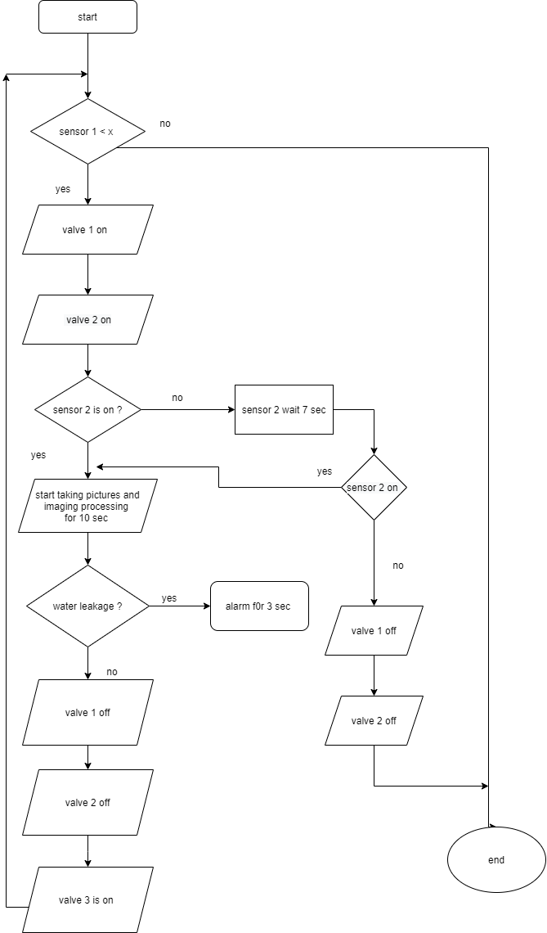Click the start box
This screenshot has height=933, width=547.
pos(87,17)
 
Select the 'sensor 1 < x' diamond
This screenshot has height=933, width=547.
pos(87,132)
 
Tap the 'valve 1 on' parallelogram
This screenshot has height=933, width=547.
pos(87,230)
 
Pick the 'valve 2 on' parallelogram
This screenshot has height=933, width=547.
pos(87,320)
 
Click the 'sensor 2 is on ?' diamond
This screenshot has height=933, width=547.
pos(87,409)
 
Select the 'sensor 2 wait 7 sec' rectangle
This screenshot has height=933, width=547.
pos(284,409)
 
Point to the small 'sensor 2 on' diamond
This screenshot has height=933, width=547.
pos(374,488)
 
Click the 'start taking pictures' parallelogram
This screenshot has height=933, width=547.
pos(87,507)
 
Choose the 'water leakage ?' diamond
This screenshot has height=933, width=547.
pos(87,606)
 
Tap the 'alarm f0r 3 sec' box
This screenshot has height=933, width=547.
pos(259,606)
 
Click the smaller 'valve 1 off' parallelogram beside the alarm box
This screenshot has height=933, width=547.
pos(374,631)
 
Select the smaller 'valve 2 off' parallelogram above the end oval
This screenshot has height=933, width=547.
pos(374,721)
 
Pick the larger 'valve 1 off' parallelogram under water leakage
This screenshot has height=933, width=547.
pos(87,713)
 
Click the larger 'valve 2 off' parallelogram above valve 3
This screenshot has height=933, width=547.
pos(87,803)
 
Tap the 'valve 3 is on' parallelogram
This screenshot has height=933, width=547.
pos(87,900)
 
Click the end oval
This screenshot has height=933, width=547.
pos(496,860)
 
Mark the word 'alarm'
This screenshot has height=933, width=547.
pos(238,606)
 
